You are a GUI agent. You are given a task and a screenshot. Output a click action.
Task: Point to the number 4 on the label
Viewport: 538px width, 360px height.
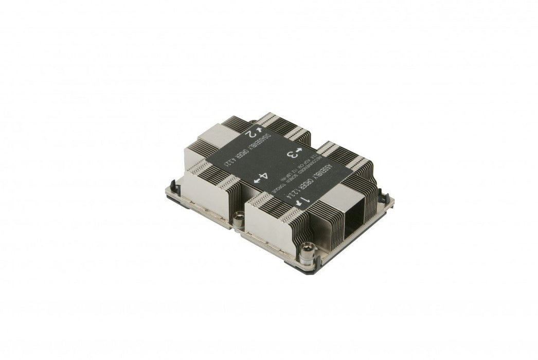pyautogui.click(x=263, y=176)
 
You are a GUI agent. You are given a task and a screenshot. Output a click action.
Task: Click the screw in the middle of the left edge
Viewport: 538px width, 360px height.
pyautogui.click(x=239, y=218)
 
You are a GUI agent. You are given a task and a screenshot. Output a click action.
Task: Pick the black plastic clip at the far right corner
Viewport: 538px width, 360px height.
pyautogui.click(x=383, y=195)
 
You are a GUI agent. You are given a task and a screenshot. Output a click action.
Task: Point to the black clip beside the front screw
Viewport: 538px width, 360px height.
pyautogui.click(x=317, y=261)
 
